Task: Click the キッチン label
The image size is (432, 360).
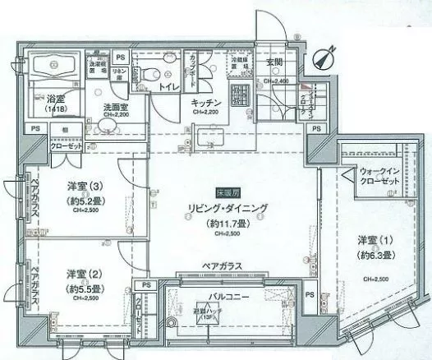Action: pos(203,102)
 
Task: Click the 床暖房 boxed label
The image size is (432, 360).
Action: pos(223,193)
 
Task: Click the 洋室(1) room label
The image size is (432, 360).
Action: pos(375,239)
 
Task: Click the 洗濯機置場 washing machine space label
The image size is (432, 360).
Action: pos(98,65)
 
